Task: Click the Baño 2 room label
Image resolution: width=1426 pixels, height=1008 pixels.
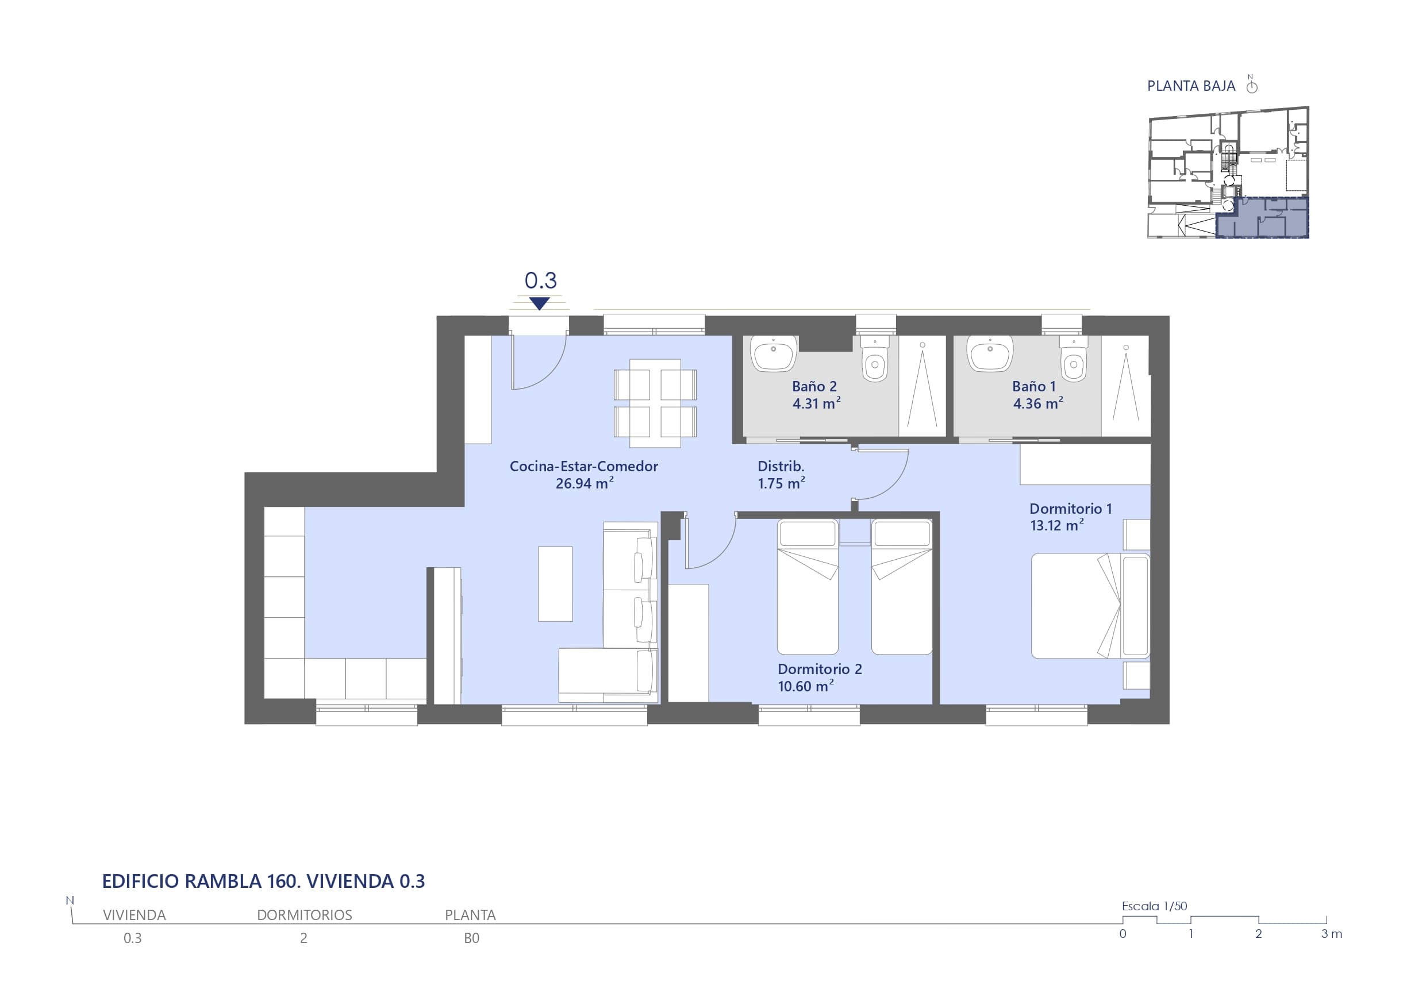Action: pos(816,395)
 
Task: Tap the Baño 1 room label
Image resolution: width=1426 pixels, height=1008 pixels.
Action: pos(1037,395)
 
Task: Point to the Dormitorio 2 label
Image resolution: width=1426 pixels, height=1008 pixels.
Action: pos(820,678)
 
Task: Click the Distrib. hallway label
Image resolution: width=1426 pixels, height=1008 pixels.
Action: pos(781,475)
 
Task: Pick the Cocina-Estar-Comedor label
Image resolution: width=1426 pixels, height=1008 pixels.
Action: pos(584,475)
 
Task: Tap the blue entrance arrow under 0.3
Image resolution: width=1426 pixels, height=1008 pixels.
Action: pos(539,303)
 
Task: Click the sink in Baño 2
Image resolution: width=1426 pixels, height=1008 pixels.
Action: pos(773,353)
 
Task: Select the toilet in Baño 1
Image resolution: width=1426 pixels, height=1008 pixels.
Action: pos(1073,359)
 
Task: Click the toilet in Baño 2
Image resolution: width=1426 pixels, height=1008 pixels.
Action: pos(875,359)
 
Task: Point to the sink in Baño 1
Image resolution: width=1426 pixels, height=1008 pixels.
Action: pos(990,353)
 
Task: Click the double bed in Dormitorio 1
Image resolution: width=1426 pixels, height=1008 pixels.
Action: pos(1090,606)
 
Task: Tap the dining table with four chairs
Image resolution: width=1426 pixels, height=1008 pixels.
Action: pos(655,403)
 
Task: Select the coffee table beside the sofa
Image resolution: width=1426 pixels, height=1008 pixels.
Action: pos(555,584)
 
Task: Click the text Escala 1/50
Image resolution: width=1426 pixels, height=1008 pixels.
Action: pos(1154,906)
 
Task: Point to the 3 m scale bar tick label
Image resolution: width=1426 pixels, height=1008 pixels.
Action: pos(1332,934)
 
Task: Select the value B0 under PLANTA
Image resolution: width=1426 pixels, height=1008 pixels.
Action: pos(471,938)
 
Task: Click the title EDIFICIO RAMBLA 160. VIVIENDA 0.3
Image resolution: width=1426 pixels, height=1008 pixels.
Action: pos(263,882)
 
